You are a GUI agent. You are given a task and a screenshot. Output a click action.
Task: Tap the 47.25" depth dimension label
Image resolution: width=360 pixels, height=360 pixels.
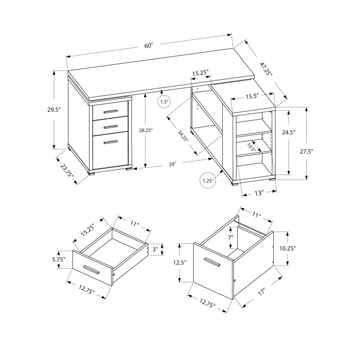(x=266, y=68)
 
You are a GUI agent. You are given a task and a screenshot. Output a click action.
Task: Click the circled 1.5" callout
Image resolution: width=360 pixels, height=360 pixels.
(x=164, y=102)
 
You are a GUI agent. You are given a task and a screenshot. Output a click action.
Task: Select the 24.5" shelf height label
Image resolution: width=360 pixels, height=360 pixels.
(x=289, y=132)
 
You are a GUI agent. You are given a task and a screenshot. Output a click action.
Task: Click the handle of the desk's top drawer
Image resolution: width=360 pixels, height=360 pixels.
(x=111, y=111)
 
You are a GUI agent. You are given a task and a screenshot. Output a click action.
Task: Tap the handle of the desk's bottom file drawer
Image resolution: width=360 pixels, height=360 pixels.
(x=111, y=142)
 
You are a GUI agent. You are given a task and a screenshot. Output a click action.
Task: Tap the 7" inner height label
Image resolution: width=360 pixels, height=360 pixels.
(x=230, y=238)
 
